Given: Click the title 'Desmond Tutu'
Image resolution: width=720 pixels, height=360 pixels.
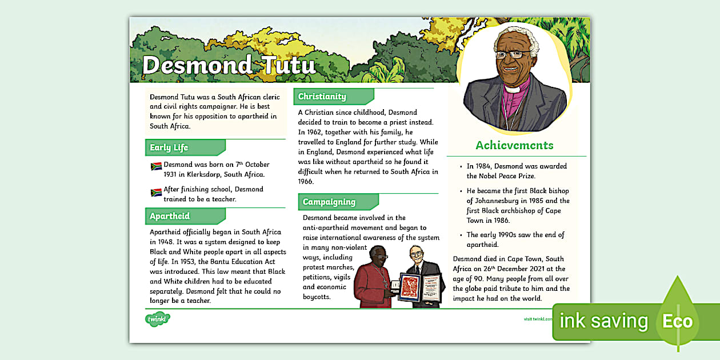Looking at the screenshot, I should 229,65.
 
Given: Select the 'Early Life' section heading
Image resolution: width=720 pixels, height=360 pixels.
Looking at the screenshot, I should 169,147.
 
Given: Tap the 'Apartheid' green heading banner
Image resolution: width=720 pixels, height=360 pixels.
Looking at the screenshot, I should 170,216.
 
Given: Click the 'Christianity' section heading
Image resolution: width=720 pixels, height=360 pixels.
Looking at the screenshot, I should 322,97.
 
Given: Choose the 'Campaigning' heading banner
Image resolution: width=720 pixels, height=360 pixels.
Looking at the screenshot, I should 329,202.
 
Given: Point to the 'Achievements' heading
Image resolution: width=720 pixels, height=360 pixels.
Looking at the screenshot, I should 514,145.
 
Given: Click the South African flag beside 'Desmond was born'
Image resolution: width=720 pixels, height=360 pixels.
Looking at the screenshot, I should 156,166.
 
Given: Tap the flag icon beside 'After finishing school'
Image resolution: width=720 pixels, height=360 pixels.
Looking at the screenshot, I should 156,193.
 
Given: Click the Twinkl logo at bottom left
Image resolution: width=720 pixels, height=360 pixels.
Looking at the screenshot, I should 157,318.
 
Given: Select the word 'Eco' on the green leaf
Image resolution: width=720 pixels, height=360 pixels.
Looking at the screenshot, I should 677,321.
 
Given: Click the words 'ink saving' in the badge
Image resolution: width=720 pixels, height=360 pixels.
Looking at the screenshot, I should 603,321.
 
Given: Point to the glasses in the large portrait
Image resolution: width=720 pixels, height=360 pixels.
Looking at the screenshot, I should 511,55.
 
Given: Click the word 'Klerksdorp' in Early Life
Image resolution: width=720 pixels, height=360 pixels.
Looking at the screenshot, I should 215,175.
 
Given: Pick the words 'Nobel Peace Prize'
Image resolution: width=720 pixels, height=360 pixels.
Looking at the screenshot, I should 501,176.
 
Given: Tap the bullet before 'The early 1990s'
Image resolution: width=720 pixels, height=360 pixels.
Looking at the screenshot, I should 461,235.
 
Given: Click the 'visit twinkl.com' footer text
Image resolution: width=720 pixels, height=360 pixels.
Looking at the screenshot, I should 538,319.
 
